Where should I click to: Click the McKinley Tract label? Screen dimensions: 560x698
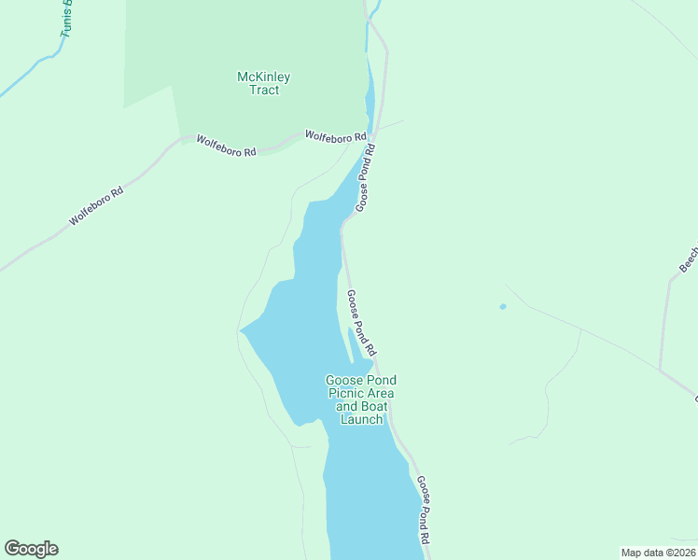coord(264,83)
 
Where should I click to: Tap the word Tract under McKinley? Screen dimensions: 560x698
coord(264,91)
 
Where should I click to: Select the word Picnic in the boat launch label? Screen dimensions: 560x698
coord(349,393)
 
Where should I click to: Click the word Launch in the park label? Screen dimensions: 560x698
coord(360,419)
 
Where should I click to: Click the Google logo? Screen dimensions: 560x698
coord(31,549)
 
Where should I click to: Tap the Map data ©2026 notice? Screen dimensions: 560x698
coord(658,553)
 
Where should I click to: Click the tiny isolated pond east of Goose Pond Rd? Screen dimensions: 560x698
coord(503,306)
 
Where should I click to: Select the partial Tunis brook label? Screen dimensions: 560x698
coord(67,19)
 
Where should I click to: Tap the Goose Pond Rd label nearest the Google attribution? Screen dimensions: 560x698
coord(424,510)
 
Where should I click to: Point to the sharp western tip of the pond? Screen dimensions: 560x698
coord(241,329)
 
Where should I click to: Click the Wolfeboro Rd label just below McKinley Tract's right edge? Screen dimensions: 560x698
coord(335,135)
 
